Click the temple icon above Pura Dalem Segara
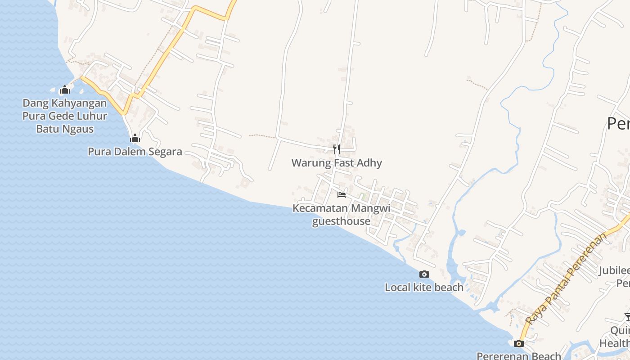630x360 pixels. pos(135,138)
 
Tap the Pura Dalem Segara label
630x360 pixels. pos(135,151)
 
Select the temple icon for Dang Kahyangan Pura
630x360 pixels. pos(65,90)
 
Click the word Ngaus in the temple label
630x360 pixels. pos(77,129)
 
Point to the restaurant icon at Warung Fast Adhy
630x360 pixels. pos(337,149)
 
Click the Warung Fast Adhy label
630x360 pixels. pos(337,163)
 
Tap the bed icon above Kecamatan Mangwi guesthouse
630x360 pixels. pos(342,195)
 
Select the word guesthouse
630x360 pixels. pos(341,221)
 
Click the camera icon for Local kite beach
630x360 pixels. pos(424,274)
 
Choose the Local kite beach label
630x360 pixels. pos(424,287)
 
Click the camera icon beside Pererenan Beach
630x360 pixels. pos(519,344)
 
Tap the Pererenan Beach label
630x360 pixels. pos(518,355)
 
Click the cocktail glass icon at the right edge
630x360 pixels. pos(627,317)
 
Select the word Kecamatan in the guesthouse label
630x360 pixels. pos(320,208)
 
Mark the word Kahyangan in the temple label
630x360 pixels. pos(79,103)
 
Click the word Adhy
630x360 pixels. pos(369,163)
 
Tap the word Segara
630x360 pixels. pos(162,151)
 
